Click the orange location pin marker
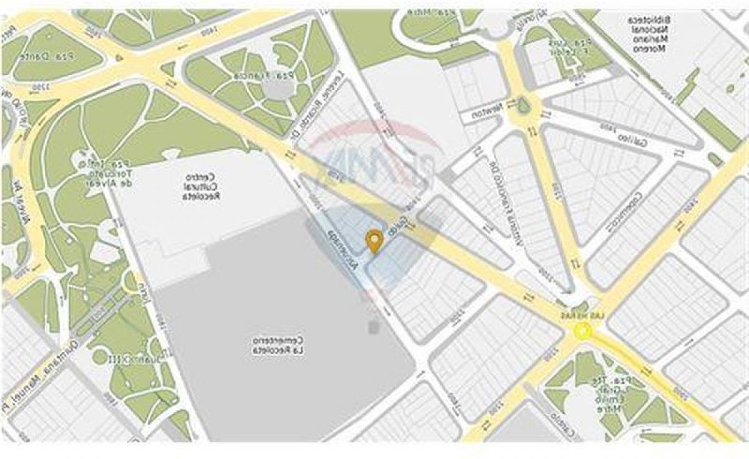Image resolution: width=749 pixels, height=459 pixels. (374, 240)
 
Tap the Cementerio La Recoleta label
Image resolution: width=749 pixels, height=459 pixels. (278, 345)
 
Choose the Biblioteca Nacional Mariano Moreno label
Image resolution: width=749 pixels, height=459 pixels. (650, 34)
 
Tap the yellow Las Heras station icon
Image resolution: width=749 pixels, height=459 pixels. (584, 332)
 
